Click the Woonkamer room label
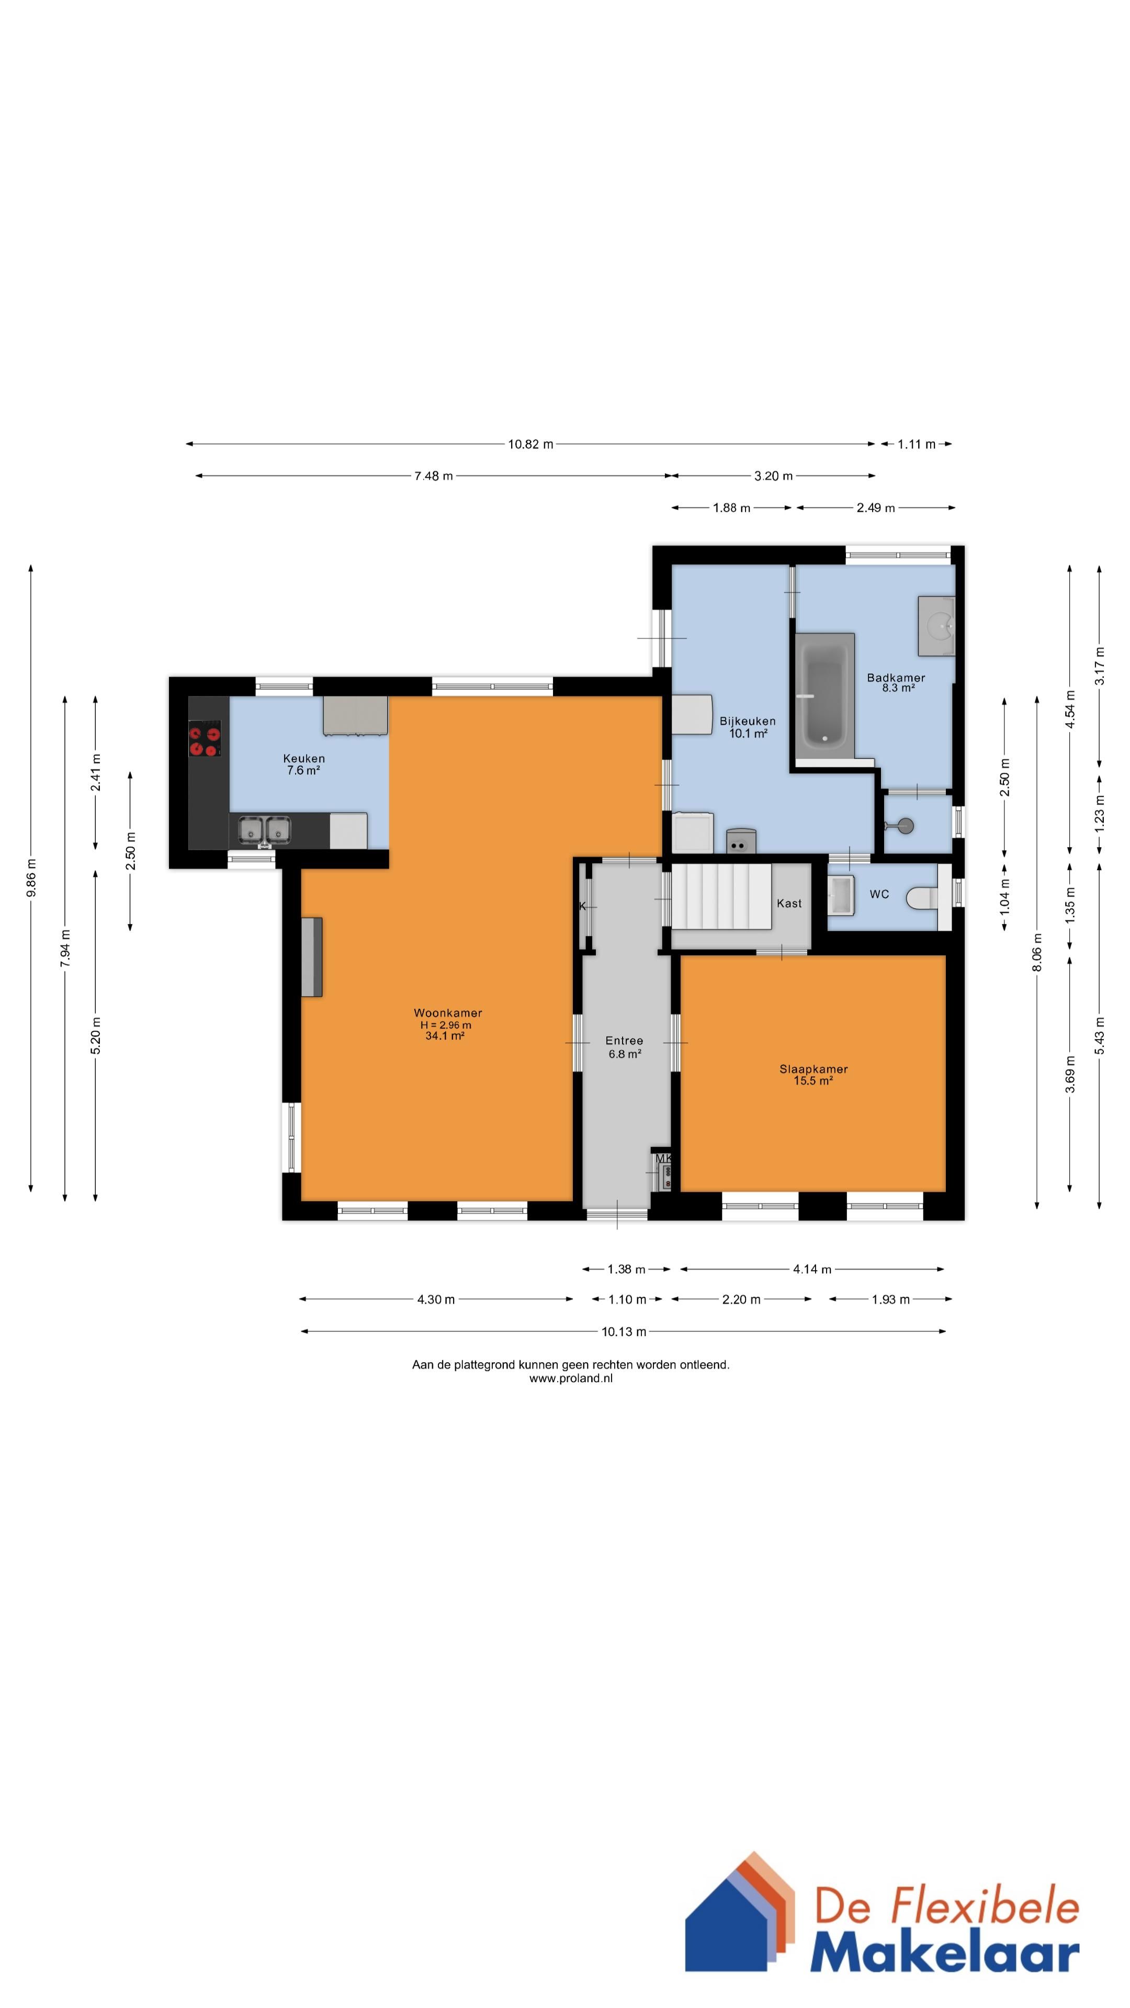(448, 1012)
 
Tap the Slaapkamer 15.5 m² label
(813, 1074)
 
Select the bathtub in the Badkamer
(824, 696)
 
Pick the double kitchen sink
(264, 830)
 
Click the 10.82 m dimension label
(530, 444)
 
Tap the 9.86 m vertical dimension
(31, 878)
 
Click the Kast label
(789, 904)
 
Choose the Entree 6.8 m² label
(625, 1047)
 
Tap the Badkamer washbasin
(936, 626)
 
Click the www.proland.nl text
(571, 1378)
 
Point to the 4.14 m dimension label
(812, 1269)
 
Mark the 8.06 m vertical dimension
(1037, 953)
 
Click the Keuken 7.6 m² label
(304, 764)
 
